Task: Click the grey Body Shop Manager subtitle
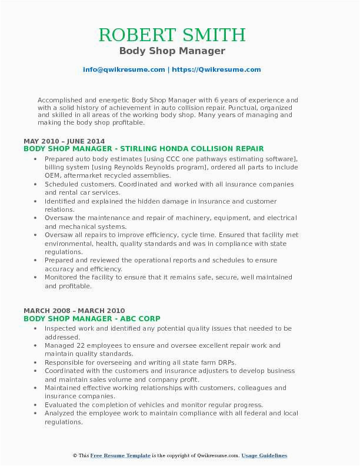(172, 51)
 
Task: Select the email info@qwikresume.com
(124, 69)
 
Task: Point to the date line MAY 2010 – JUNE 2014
(64, 141)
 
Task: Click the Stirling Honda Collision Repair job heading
(144, 149)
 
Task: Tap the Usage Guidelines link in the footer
(264, 455)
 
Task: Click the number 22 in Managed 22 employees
(79, 345)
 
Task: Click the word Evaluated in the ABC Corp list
(62, 405)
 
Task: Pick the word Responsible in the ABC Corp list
(65, 362)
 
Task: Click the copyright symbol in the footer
(75, 455)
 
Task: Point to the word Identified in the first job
(62, 201)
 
